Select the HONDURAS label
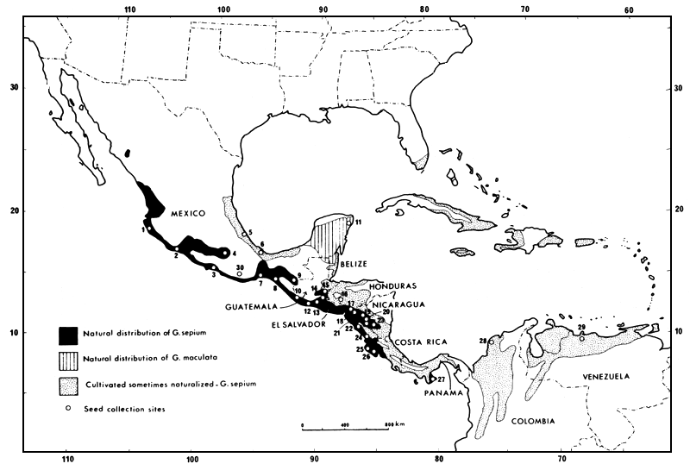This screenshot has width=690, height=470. (392, 286)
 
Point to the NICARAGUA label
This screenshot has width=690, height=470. (398, 304)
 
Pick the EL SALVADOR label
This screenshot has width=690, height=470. (298, 326)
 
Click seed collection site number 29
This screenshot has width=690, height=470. (582, 338)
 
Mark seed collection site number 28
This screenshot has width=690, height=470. (491, 342)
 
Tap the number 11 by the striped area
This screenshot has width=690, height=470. (359, 223)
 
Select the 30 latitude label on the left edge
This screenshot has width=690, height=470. (13, 87)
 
